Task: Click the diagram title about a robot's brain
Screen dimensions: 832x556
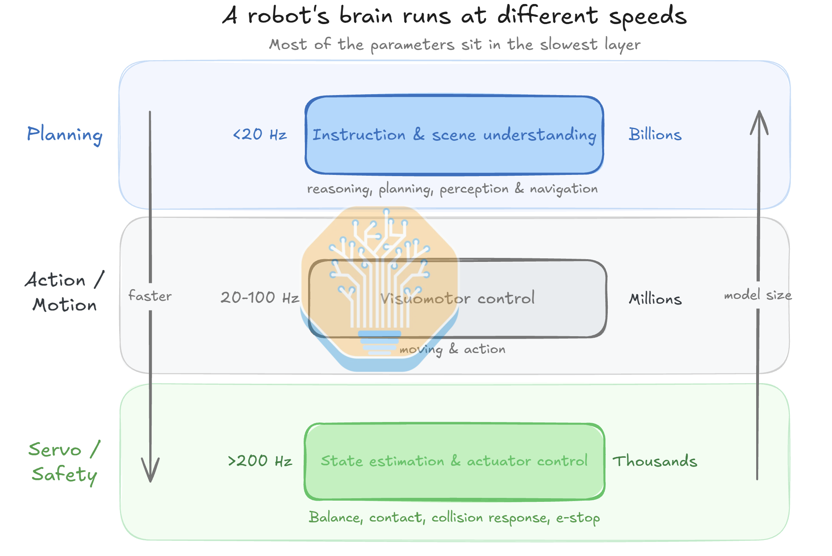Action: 455,16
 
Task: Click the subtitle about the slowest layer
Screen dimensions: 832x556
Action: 455,45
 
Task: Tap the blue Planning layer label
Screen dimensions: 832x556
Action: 65,135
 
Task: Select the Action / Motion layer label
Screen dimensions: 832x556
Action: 65,292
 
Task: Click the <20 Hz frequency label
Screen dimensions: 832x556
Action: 260,134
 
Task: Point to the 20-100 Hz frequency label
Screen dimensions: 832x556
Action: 260,298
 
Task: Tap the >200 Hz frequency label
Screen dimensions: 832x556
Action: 260,461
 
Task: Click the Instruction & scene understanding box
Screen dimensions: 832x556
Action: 455,135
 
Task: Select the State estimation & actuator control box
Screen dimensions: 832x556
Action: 455,461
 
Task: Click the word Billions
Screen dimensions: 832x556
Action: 655,134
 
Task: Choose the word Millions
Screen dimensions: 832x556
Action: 655,299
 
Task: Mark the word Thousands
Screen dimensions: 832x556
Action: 655,461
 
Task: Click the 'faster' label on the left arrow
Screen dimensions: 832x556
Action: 150,296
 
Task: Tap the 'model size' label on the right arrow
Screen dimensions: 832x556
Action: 758,295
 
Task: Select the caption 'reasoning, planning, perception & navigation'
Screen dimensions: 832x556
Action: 453,189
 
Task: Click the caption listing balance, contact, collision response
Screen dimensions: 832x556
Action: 455,517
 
